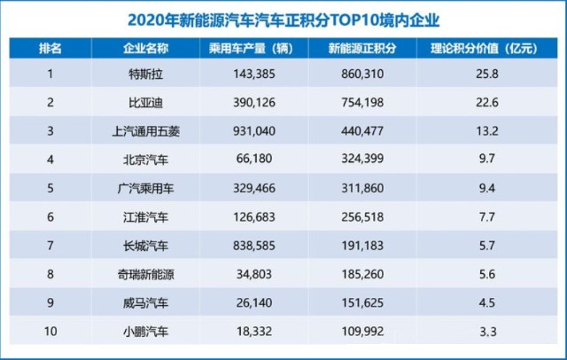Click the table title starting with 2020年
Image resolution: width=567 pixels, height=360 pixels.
pyautogui.click(x=283, y=17)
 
